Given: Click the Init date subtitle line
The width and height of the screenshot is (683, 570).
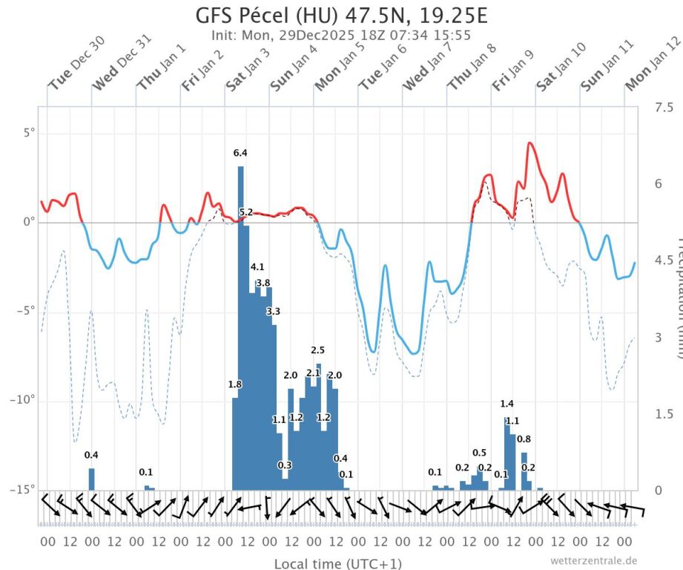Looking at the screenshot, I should [x=341, y=35].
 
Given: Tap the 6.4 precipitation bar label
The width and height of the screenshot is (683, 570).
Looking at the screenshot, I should [x=240, y=153].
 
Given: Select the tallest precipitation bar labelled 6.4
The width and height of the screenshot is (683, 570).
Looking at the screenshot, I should [x=240, y=327].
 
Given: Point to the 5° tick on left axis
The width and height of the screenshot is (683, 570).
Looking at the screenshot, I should [x=29, y=134].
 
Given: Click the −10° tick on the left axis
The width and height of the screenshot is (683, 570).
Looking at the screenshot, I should [x=24, y=401].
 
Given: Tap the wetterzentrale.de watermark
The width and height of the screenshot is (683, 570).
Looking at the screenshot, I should [x=593, y=560].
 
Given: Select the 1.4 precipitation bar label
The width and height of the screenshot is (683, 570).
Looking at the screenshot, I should [x=507, y=404].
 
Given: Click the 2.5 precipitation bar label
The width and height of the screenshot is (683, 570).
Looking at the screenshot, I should [x=317, y=350].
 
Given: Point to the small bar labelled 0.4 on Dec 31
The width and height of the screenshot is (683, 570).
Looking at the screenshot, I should [x=92, y=479].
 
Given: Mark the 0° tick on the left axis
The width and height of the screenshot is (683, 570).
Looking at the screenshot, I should [x=29, y=223].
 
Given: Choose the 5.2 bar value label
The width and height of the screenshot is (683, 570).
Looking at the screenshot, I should [x=246, y=212].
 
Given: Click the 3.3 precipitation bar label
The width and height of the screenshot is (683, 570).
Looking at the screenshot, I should [x=273, y=311].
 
